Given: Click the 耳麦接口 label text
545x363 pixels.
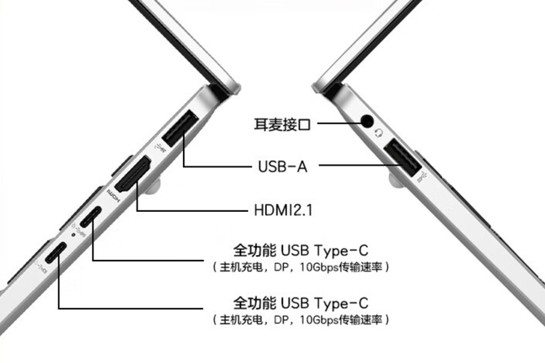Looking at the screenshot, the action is pos(282,124).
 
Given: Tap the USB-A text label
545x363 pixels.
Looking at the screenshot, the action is pos(282,166).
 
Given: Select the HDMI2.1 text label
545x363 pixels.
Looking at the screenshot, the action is pos(283,210).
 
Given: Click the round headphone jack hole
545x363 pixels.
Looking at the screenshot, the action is pos(366,121).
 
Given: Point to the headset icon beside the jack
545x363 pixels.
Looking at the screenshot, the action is pos(379,132).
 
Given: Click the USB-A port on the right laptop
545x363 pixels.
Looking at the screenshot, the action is pos(403,158).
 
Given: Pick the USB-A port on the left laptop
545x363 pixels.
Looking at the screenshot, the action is pos(180,128).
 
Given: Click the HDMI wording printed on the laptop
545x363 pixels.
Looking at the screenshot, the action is pos(113,196).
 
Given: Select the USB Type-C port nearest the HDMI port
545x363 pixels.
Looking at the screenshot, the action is pos(91,215).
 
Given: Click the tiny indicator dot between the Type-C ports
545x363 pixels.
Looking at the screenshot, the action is pos(73,235).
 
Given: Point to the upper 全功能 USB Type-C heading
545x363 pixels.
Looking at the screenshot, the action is pos(301,250).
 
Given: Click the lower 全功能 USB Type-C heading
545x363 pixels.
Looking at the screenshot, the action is pos(301,303).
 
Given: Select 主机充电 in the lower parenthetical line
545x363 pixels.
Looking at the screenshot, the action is pos(242,319).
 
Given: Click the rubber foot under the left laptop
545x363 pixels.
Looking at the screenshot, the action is pos(153,186).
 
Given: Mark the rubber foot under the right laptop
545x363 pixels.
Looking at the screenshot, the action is pos(396,180).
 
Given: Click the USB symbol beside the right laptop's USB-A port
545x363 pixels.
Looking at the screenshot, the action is pos(423,177).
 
